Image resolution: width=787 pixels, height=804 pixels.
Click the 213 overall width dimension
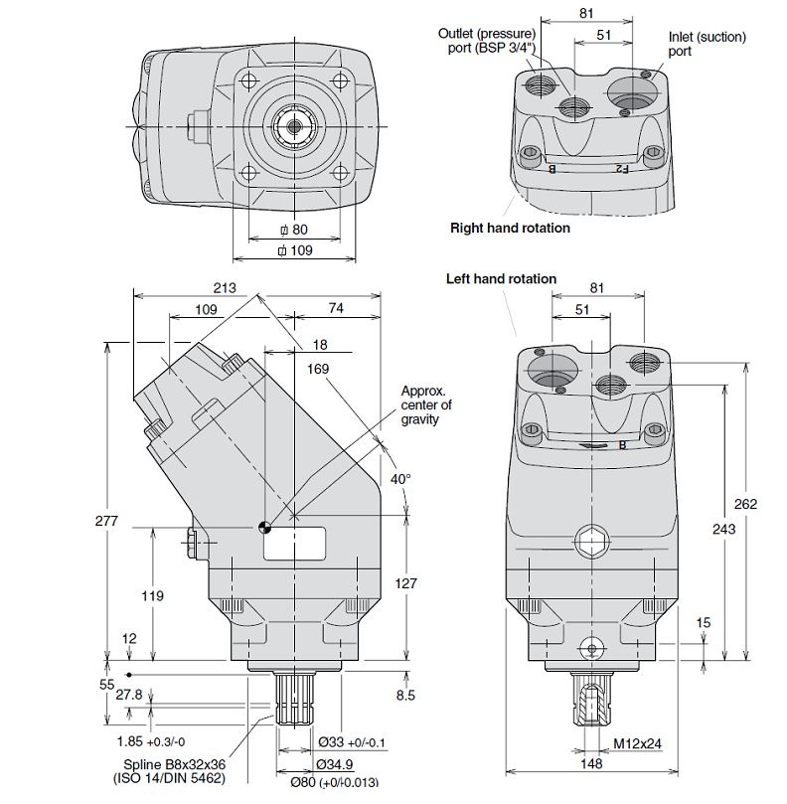pos(226,288)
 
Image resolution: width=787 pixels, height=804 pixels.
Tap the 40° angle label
pos(398,479)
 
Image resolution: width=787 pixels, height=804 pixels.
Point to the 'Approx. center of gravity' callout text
pos(426,404)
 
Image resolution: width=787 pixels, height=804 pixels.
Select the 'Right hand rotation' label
pos(510,228)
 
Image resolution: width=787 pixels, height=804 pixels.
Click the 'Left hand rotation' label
pos(501,279)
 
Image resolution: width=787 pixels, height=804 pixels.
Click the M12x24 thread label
pos(637,742)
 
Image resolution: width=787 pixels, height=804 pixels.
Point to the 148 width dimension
pos(592,763)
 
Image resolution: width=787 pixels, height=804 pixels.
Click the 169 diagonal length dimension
pos(319,369)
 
